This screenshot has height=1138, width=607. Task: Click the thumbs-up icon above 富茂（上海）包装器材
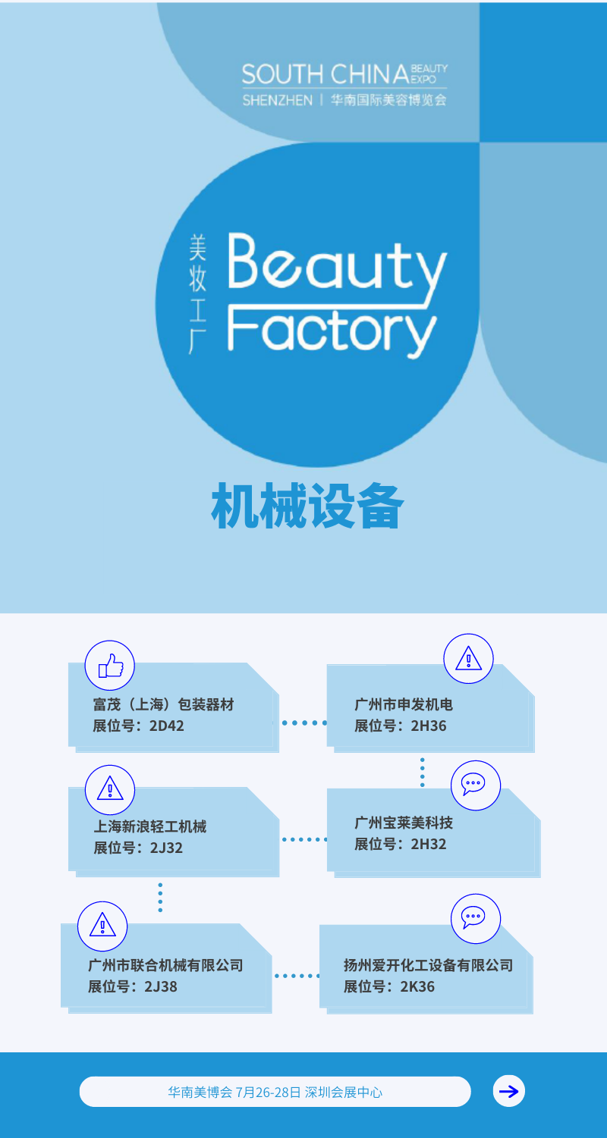coord(110,666)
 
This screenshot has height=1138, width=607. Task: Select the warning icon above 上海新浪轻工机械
coord(110,790)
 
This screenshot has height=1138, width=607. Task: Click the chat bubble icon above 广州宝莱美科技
coord(476,784)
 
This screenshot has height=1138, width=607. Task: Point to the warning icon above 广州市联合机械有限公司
coord(102,925)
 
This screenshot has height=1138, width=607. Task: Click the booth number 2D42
coord(166,726)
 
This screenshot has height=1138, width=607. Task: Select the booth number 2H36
coord(429,726)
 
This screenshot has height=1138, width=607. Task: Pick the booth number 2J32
coord(166,848)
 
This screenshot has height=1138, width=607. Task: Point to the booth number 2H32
coord(429,844)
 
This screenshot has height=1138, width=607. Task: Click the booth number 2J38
coord(161,986)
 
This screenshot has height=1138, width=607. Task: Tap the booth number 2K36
coord(417,986)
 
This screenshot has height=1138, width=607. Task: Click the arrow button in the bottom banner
coord(509,1092)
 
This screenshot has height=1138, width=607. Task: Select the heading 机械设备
coord(307,506)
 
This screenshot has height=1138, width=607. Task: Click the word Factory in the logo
coord(332,331)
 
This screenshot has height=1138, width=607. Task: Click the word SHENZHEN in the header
coord(277,100)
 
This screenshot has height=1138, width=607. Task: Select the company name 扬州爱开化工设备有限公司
coord(428,965)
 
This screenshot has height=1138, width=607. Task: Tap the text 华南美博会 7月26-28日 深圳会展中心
coord(275,1093)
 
